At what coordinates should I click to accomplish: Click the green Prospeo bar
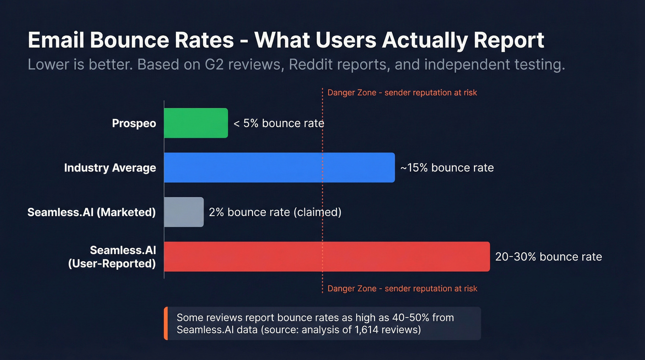[x=196, y=123]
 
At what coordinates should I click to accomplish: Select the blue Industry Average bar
[x=279, y=167]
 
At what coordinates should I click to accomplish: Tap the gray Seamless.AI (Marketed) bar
[x=184, y=212]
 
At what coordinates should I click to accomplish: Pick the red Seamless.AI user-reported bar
[x=327, y=256]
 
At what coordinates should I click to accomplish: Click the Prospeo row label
[x=134, y=124]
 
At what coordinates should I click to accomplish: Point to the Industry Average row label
[x=110, y=168]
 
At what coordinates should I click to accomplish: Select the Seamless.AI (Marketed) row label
[x=92, y=212]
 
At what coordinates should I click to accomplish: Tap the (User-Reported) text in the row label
[x=111, y=264]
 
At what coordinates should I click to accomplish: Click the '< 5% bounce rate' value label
[x=279, y=124]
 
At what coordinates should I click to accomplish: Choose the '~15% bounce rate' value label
[x=447, y=168]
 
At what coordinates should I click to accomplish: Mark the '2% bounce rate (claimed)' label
[x=275, y=212]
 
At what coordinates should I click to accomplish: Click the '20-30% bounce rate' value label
[x=548, y=257]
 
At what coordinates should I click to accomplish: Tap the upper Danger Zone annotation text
[x=402, y=93]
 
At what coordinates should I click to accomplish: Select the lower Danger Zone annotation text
[x=402, y=289]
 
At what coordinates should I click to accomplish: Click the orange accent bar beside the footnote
[x=166, y=324]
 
